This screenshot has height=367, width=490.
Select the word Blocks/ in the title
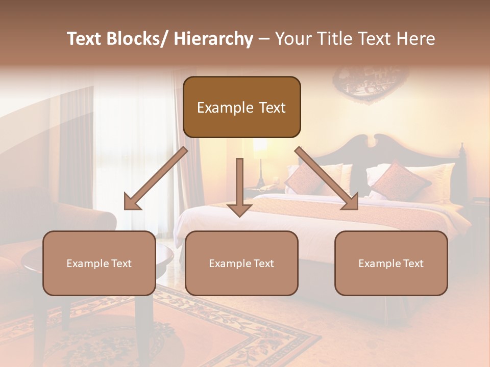[137, 39]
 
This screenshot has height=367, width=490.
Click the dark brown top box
[241, 107]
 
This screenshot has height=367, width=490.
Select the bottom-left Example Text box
[99, 263]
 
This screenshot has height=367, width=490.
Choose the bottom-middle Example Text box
[241, 263]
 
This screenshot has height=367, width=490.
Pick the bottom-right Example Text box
[391, 263]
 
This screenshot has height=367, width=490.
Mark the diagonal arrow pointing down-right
[327, 178]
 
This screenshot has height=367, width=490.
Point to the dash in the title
[264, 39]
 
